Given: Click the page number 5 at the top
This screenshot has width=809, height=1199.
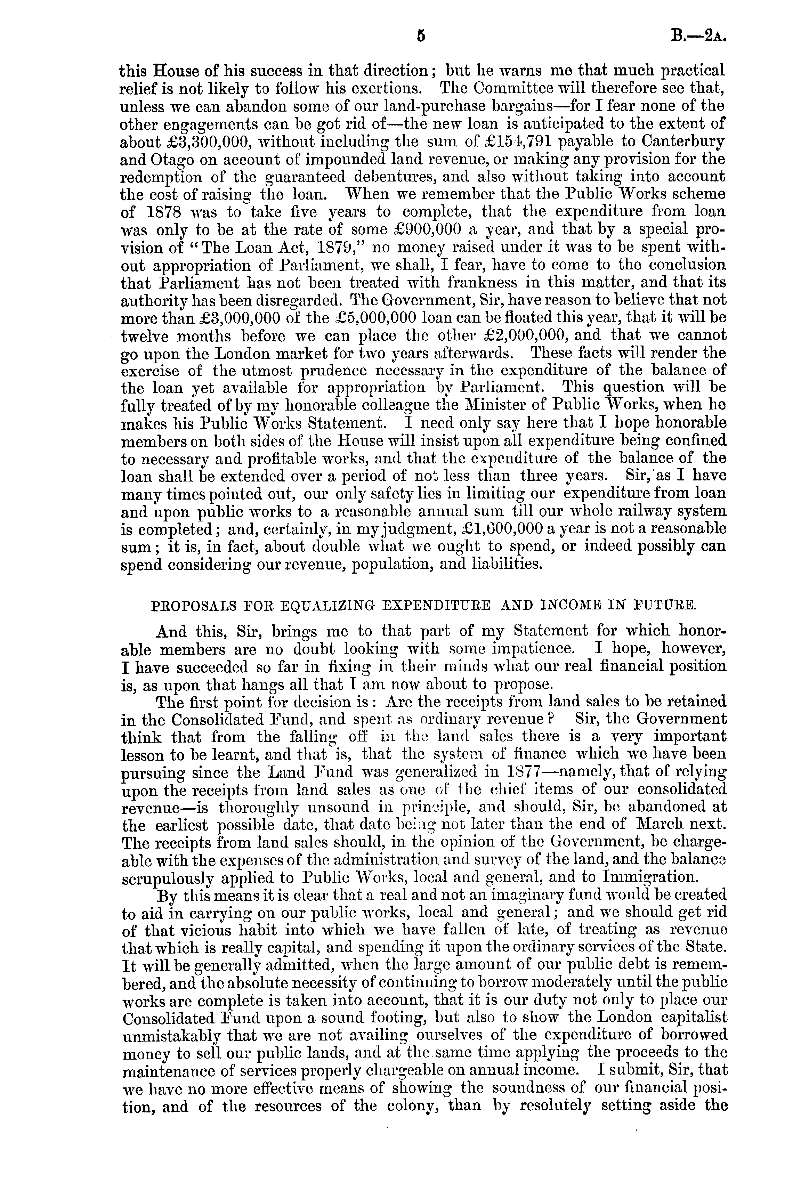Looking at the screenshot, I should point(422,37).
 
